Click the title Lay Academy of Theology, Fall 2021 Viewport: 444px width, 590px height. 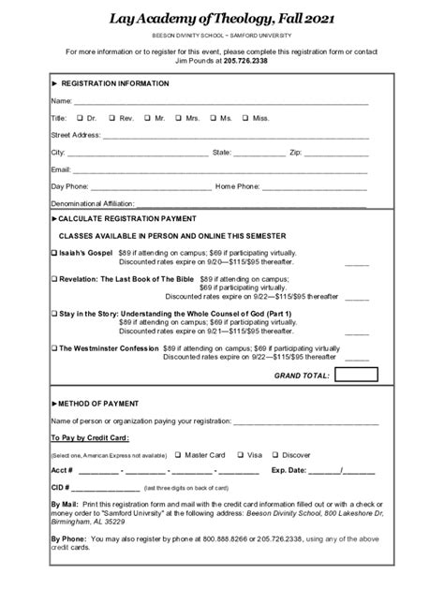221,18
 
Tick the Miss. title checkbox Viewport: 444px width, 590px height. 245,118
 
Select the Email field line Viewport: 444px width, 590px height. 220,170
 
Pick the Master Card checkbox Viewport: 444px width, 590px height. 178,454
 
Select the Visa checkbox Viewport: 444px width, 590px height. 241,454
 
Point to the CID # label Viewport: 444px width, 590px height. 60,488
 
